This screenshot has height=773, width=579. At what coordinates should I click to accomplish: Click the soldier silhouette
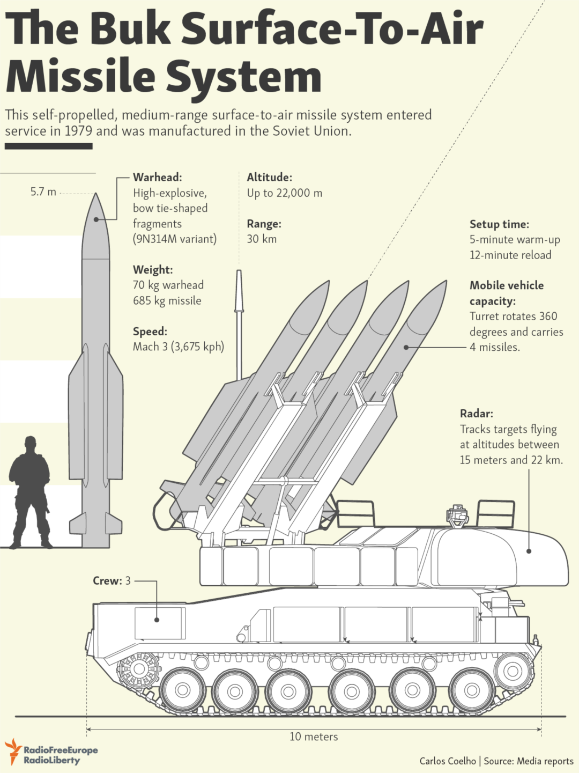[x=30, y=494]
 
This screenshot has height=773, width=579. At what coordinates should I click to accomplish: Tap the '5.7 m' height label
[x=43, y=192]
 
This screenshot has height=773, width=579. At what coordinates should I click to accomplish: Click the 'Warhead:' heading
[x=157, y=178]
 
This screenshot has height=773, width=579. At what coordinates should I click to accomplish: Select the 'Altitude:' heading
[x=269, y=178]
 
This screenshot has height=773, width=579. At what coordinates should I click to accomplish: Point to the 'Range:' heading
[x=264, y=224]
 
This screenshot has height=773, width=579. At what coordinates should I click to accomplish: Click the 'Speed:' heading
[x=150, y=332]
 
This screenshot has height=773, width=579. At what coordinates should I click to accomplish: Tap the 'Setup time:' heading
[x=499, y=224]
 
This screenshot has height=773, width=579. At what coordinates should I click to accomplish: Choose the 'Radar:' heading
[x=476, y=414]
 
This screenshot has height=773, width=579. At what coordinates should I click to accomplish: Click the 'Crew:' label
[x=107, y=581]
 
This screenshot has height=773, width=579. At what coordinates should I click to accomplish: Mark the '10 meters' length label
[x=314, y=737]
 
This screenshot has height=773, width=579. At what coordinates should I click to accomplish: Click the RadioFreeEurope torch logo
[x=13, y=750]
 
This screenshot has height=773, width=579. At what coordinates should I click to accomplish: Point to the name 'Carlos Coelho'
[x=448, y=761]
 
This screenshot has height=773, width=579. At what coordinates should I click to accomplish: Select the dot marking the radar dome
[x=529, y=551]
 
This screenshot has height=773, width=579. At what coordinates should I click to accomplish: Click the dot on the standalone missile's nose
[x=96, y=219]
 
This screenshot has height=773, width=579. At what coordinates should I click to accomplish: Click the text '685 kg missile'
[x=167, y=301]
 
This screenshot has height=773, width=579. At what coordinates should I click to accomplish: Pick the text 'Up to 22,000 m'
[x=284, y=193]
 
